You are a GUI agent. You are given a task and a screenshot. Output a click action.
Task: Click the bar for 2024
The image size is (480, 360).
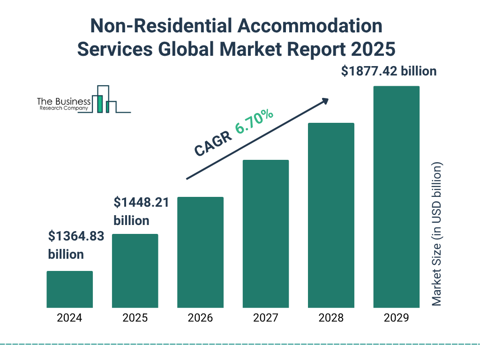point(69,289)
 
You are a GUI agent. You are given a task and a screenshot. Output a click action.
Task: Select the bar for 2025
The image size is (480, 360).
point(135,270)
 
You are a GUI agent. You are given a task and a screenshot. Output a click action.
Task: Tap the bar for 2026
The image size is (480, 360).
point(200,252)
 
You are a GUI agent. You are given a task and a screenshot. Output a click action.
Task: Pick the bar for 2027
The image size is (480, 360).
point(265,233)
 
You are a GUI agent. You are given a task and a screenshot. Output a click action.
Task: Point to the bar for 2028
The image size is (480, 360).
point(331,215)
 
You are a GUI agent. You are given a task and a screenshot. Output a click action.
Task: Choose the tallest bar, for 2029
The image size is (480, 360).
point(396,197)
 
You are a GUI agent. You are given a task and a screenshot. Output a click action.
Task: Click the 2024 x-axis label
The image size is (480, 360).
point(69,318)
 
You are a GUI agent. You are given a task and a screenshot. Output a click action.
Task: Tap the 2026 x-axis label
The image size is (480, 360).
point(200,318)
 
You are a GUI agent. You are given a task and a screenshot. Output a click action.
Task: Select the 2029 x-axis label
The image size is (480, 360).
point(396,318)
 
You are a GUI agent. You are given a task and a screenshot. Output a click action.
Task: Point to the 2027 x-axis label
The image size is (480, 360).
point(265,318)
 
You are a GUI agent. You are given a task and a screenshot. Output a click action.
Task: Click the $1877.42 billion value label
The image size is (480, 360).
point(389,71)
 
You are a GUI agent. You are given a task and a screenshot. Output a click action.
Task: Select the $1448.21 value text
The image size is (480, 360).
point(141,202)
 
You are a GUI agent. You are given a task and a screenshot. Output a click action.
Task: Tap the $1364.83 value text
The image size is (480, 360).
point(76,236)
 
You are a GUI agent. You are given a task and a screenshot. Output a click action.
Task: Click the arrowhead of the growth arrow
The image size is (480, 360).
point(324,100)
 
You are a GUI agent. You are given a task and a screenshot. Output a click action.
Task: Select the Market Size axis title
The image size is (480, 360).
point(437,234)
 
